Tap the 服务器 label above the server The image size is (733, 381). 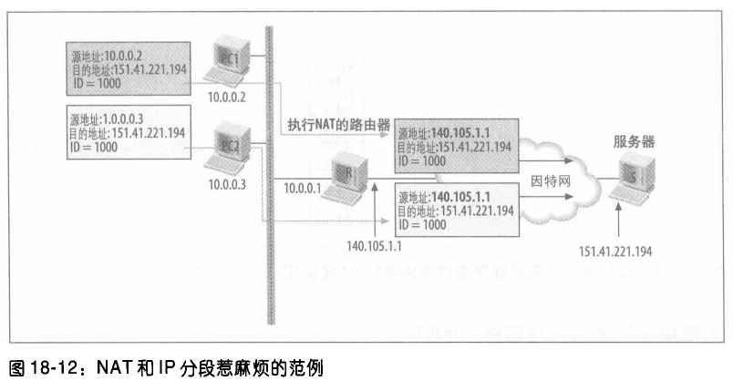635,142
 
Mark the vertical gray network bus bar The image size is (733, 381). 270,173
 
